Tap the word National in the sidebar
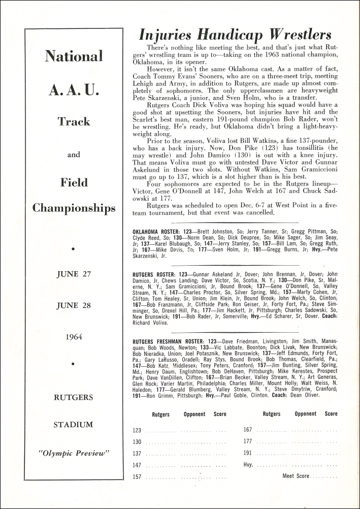[x=74, y=56]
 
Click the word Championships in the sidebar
[x=74, y=208]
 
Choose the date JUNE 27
[x=74, y=274]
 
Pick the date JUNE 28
[x=74, y=306]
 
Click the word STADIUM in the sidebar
[x=74, y=425]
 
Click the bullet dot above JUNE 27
[x=74, y=249]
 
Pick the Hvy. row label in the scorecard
[x=248, y=465]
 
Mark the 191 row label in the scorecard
[x=248, y=453]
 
